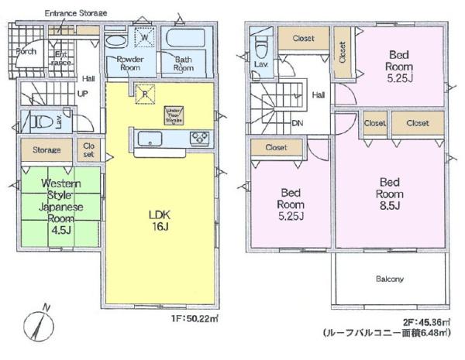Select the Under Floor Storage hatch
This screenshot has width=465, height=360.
click(x=173, y=115)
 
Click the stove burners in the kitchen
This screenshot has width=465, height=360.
click(x=199, y=139)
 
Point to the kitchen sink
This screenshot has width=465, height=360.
click(x=149, y=139)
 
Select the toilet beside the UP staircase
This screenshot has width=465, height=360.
click(x=38, y=123)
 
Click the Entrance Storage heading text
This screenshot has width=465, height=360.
click(x=75, y=13)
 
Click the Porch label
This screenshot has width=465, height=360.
click(x=25, y=51)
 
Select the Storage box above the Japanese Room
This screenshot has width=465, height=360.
click(x=46, y=149)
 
